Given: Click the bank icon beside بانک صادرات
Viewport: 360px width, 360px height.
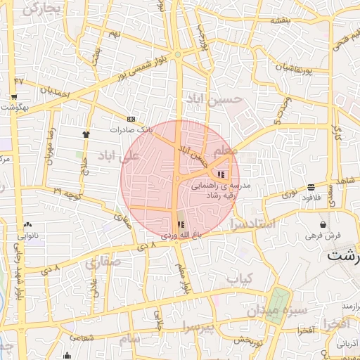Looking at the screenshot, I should (x=131, y=119).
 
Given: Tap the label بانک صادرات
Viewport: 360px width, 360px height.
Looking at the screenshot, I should (x=130, y=130).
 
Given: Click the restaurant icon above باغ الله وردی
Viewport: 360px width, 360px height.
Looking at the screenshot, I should (x=172, y=224).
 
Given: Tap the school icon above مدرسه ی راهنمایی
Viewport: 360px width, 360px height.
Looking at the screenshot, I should (x=221, y=174).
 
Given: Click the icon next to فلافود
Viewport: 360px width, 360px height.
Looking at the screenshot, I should (x=310, y=187).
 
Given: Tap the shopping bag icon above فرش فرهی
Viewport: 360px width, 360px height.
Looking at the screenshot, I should (x=323, y=224).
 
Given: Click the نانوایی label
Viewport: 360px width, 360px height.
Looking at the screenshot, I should (x=29, y=236).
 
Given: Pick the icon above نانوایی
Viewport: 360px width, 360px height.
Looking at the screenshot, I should (x=29, y=225).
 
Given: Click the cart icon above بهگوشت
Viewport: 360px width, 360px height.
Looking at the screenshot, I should (x=14, y=96).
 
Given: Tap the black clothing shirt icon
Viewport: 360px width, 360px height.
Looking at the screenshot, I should (x=86, y=133).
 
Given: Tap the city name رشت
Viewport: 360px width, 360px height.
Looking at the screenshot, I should (x=344, y=256).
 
